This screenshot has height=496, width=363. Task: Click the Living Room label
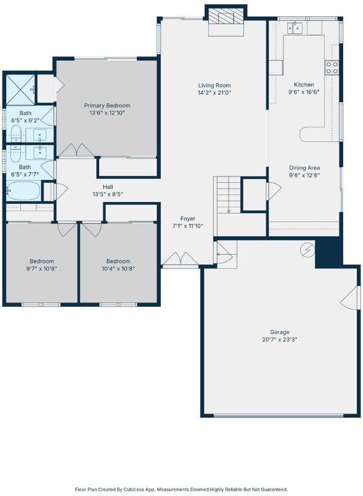pos(214,86)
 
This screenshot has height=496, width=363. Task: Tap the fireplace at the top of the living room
pos(226,19)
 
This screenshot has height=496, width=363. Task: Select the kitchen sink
pos(295,28)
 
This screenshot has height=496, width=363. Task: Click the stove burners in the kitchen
pos(332,68)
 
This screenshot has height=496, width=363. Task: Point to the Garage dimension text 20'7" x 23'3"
pos(279,340)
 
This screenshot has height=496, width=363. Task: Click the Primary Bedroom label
pos(107,105)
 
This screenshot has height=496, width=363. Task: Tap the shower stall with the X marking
pos(20,90)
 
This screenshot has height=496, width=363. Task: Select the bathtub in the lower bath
pos(23,191)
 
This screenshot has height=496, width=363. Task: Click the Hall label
pos(108,187)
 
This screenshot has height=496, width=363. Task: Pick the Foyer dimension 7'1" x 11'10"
pos(188,226)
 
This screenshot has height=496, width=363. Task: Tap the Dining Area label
pos(305,167)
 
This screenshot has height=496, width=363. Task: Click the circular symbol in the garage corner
pos(307,250)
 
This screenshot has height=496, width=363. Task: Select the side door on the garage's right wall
pos(350,298)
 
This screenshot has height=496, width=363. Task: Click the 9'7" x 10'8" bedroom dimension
pos(42,269)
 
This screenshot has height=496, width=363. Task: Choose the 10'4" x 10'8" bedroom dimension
pos(118,269)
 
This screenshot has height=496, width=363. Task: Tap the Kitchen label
pos(304,84)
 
